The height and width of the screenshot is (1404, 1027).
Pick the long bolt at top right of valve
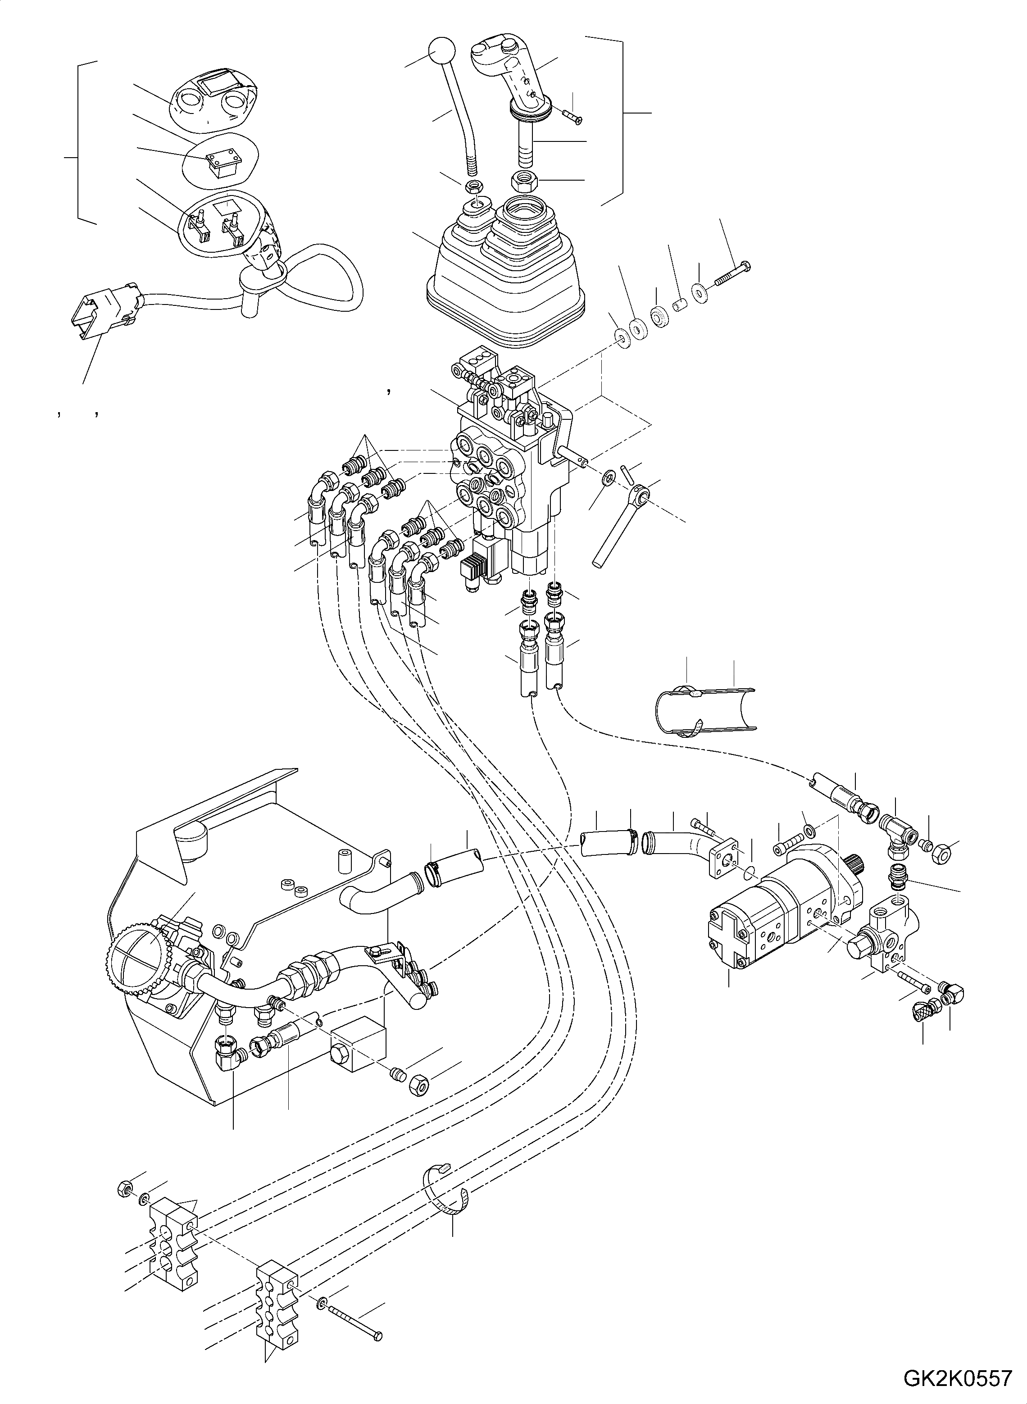[734, 273]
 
